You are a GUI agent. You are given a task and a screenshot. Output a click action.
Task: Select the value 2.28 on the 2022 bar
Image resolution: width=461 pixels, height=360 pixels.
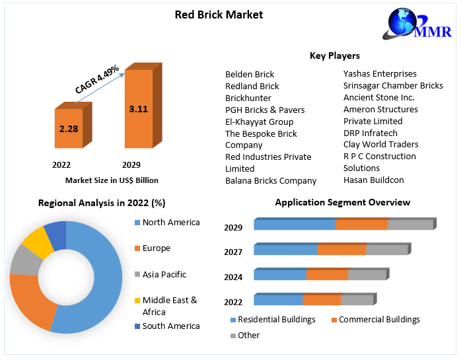tap(69, 128)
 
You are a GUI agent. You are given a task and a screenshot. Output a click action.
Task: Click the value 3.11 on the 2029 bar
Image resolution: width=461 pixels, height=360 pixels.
tap(138, 108)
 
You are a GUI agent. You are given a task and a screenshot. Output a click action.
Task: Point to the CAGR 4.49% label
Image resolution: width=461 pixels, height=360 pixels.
tap(96, 79)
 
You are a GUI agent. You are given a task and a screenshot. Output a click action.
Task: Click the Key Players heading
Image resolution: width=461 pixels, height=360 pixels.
tap(334, 55)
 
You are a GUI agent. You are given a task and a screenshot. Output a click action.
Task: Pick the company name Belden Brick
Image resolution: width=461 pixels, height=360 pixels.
tap(250, 74)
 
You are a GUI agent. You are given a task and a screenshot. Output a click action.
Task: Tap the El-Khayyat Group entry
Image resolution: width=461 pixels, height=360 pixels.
tap(259, 122)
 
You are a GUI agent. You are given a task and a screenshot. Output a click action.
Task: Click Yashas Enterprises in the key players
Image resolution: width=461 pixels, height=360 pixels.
tap(380, 73)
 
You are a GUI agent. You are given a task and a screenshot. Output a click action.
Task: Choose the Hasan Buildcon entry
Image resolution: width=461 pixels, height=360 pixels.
tap(373, 180)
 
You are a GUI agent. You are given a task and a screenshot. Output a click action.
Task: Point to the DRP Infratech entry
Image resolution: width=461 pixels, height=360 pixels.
tap(371, 133)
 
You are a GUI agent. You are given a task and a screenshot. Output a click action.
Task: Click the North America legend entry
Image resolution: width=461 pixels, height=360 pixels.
tap(170, 223)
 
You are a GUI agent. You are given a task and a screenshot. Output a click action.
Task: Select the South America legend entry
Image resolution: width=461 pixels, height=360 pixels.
tap(170, 326)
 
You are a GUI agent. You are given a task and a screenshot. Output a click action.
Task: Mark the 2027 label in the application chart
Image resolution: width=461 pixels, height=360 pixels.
tap(233, 252)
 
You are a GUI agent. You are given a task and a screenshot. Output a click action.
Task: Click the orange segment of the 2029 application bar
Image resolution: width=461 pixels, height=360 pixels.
tap(361, 225)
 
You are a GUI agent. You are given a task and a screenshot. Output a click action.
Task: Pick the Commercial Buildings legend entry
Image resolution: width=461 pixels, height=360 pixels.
tap(379, 320)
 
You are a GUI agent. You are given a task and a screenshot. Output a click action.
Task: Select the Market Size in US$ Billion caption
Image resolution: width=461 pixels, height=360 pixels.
tap(112, 180)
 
